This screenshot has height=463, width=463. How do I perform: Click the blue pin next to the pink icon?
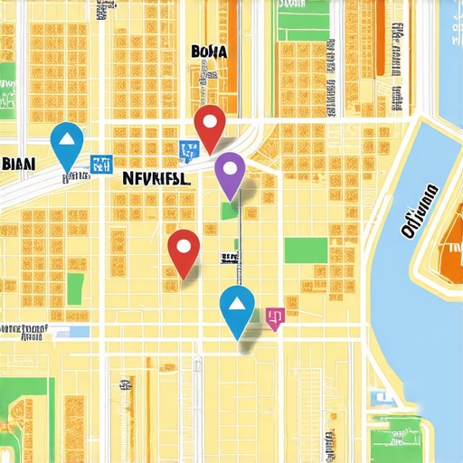(238, 307)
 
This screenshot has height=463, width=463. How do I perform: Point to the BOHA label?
(210, 52)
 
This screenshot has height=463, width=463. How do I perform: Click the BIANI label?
(19, 164)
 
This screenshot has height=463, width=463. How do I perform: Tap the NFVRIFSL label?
(156, 179)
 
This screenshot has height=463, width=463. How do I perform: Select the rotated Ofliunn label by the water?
(419, 211)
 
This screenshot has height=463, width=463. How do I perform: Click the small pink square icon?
(275, 316)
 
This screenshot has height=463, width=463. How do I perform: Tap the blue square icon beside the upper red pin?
(188, 149)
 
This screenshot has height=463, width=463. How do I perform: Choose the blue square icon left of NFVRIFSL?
(98, 164)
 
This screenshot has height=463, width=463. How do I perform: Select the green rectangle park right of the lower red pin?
(306, 250)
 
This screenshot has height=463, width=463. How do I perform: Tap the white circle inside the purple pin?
(230, 166)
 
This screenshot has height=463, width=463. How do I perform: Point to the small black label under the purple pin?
(230, 259)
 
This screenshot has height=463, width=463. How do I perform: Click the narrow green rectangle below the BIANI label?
(75, 288)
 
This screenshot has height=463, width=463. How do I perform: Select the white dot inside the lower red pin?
(184, 243)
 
